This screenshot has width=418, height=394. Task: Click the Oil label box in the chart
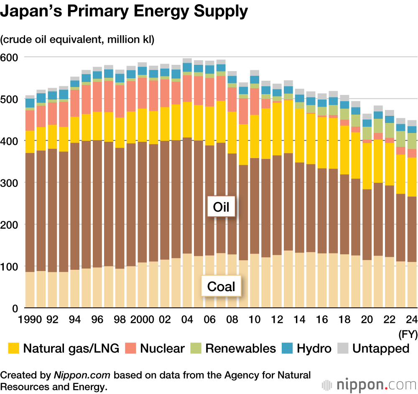click(221, 207)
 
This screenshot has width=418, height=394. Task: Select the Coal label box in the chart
click(221, 287)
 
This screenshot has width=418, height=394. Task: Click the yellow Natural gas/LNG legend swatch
click(14, 348)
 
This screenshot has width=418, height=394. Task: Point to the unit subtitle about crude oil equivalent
click(77, 40)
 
